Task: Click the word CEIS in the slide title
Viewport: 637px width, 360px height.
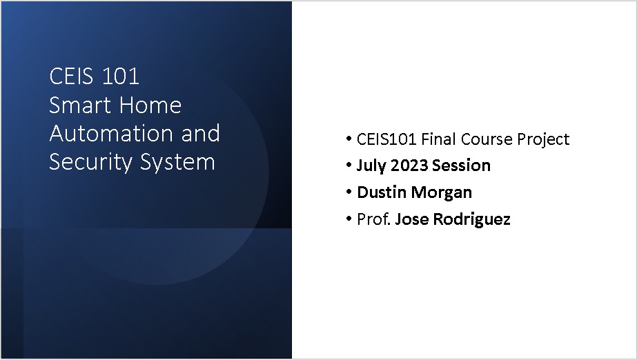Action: tap(72, 76)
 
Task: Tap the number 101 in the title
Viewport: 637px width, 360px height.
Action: tap(121, 76)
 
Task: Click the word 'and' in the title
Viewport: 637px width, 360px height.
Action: tap(200, 133)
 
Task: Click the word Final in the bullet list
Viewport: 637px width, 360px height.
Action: tap(439, 139)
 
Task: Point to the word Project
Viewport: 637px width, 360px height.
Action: tap(543, 139)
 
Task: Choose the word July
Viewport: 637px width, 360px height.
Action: tap(371, 166)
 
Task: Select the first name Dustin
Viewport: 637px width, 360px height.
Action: tap(380, 193)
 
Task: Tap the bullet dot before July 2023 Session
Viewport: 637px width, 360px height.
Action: tap(349, 166)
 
